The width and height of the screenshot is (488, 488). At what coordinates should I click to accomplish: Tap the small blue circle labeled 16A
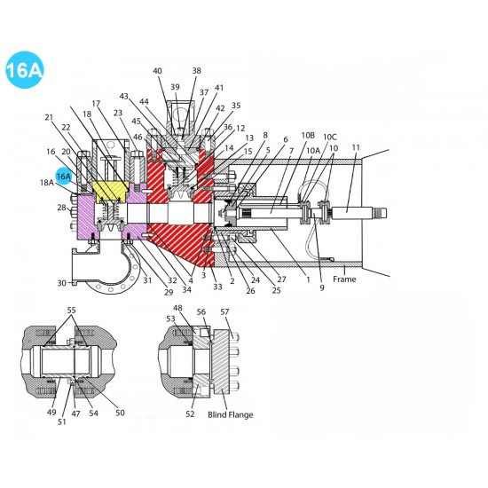pos(64,177)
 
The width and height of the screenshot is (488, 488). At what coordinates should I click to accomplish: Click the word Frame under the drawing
pos(344,279)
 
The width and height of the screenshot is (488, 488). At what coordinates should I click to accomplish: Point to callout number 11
pos(356,147)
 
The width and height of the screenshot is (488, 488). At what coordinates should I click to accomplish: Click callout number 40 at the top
pos(157,71)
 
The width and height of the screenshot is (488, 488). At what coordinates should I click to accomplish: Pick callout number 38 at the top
pos(196,71)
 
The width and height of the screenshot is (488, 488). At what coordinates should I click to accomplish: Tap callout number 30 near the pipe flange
pos(61,283)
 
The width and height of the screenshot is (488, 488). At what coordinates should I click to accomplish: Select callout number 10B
pos(308,136)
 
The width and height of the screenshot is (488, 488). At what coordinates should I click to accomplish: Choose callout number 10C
pos(330,137)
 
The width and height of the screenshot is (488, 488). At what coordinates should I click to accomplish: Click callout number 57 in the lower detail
pos(224,312)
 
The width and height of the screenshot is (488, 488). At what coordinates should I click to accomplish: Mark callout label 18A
pos(46,182)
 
